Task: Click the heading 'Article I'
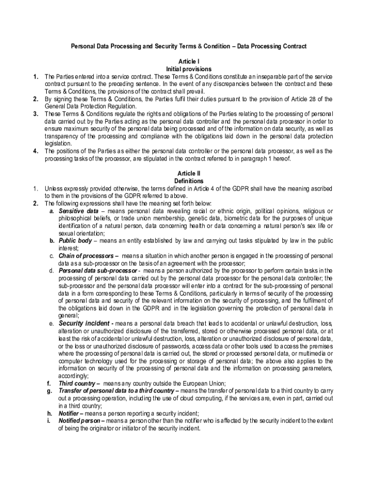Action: (x=189, y=62)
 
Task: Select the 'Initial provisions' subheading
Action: (x=189, y=69)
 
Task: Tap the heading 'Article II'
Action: (x=189, y=173)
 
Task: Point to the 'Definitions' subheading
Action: (x=189, y=181)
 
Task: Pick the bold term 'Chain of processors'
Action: (x=86, y=256)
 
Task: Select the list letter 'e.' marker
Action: (x=52, y=324)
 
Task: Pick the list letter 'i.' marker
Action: (x=49, y=421)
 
